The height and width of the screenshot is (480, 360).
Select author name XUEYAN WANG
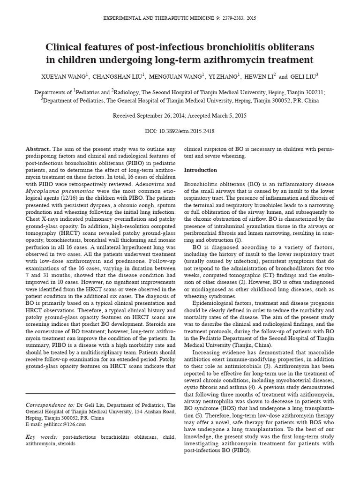point(65,76)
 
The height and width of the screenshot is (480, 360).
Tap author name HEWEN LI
point(259,76)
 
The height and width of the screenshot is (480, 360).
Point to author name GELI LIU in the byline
point(302,76)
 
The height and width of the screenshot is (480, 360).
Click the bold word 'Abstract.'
point(38,149)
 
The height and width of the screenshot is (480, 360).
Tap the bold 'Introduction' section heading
point(200,170)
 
